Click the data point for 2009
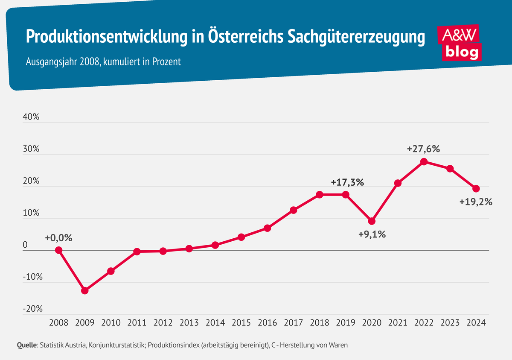(84, 291)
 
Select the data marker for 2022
(424, 162)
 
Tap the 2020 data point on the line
(372, 221)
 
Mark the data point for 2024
(476, 189)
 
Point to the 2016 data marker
(268, 228)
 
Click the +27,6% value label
(423, 149)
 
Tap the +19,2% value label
(476, 202)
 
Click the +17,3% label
(347, 182)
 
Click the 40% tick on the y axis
(31, 117)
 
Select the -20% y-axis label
(32, 309)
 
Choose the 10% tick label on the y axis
(31, 213)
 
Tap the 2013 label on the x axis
(189, 323)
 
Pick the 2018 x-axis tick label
(320, 323)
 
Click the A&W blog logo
(460, 43)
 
